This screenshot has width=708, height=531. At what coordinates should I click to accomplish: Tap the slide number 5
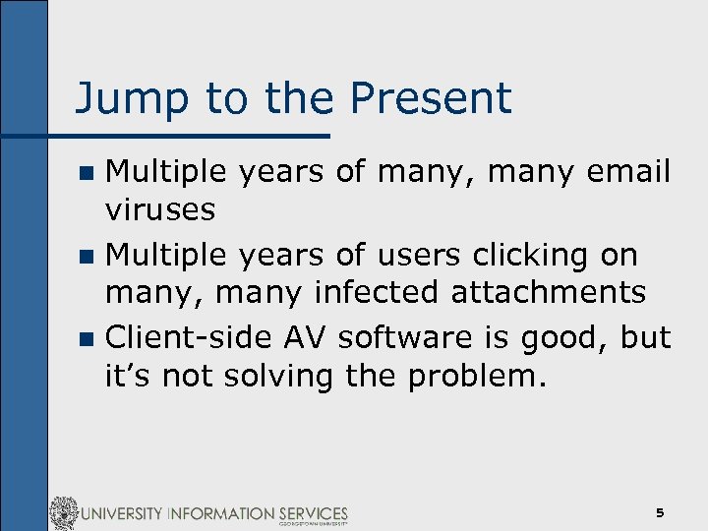660,513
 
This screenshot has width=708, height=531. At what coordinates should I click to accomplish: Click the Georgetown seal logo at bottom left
64,513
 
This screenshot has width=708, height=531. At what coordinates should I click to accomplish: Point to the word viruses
160,210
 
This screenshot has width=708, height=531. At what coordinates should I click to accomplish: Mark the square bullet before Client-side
87,339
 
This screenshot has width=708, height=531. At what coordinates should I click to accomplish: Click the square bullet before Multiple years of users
87,257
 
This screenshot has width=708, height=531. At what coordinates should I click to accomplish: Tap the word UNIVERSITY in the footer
137,513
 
